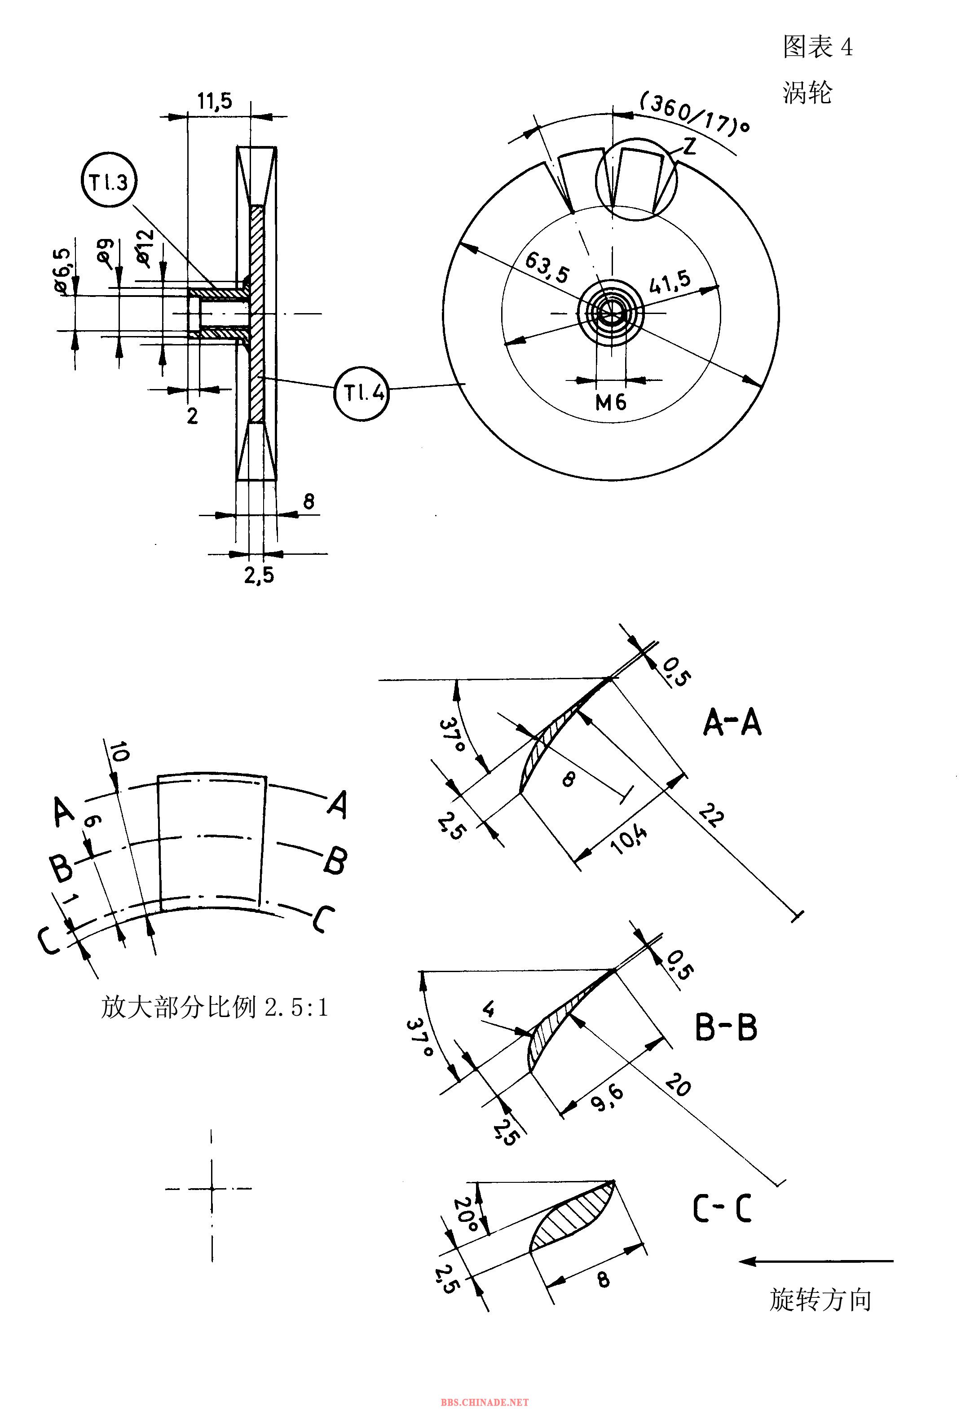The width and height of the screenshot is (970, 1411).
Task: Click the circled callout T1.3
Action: coord(109,182)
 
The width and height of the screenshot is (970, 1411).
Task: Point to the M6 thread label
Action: coord(611,402)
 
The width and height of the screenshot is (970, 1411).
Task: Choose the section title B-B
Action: coord(726,1027)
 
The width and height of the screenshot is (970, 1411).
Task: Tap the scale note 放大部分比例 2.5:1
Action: coord(215,1007)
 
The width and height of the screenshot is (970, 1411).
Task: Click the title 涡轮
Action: coord(807,93)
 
